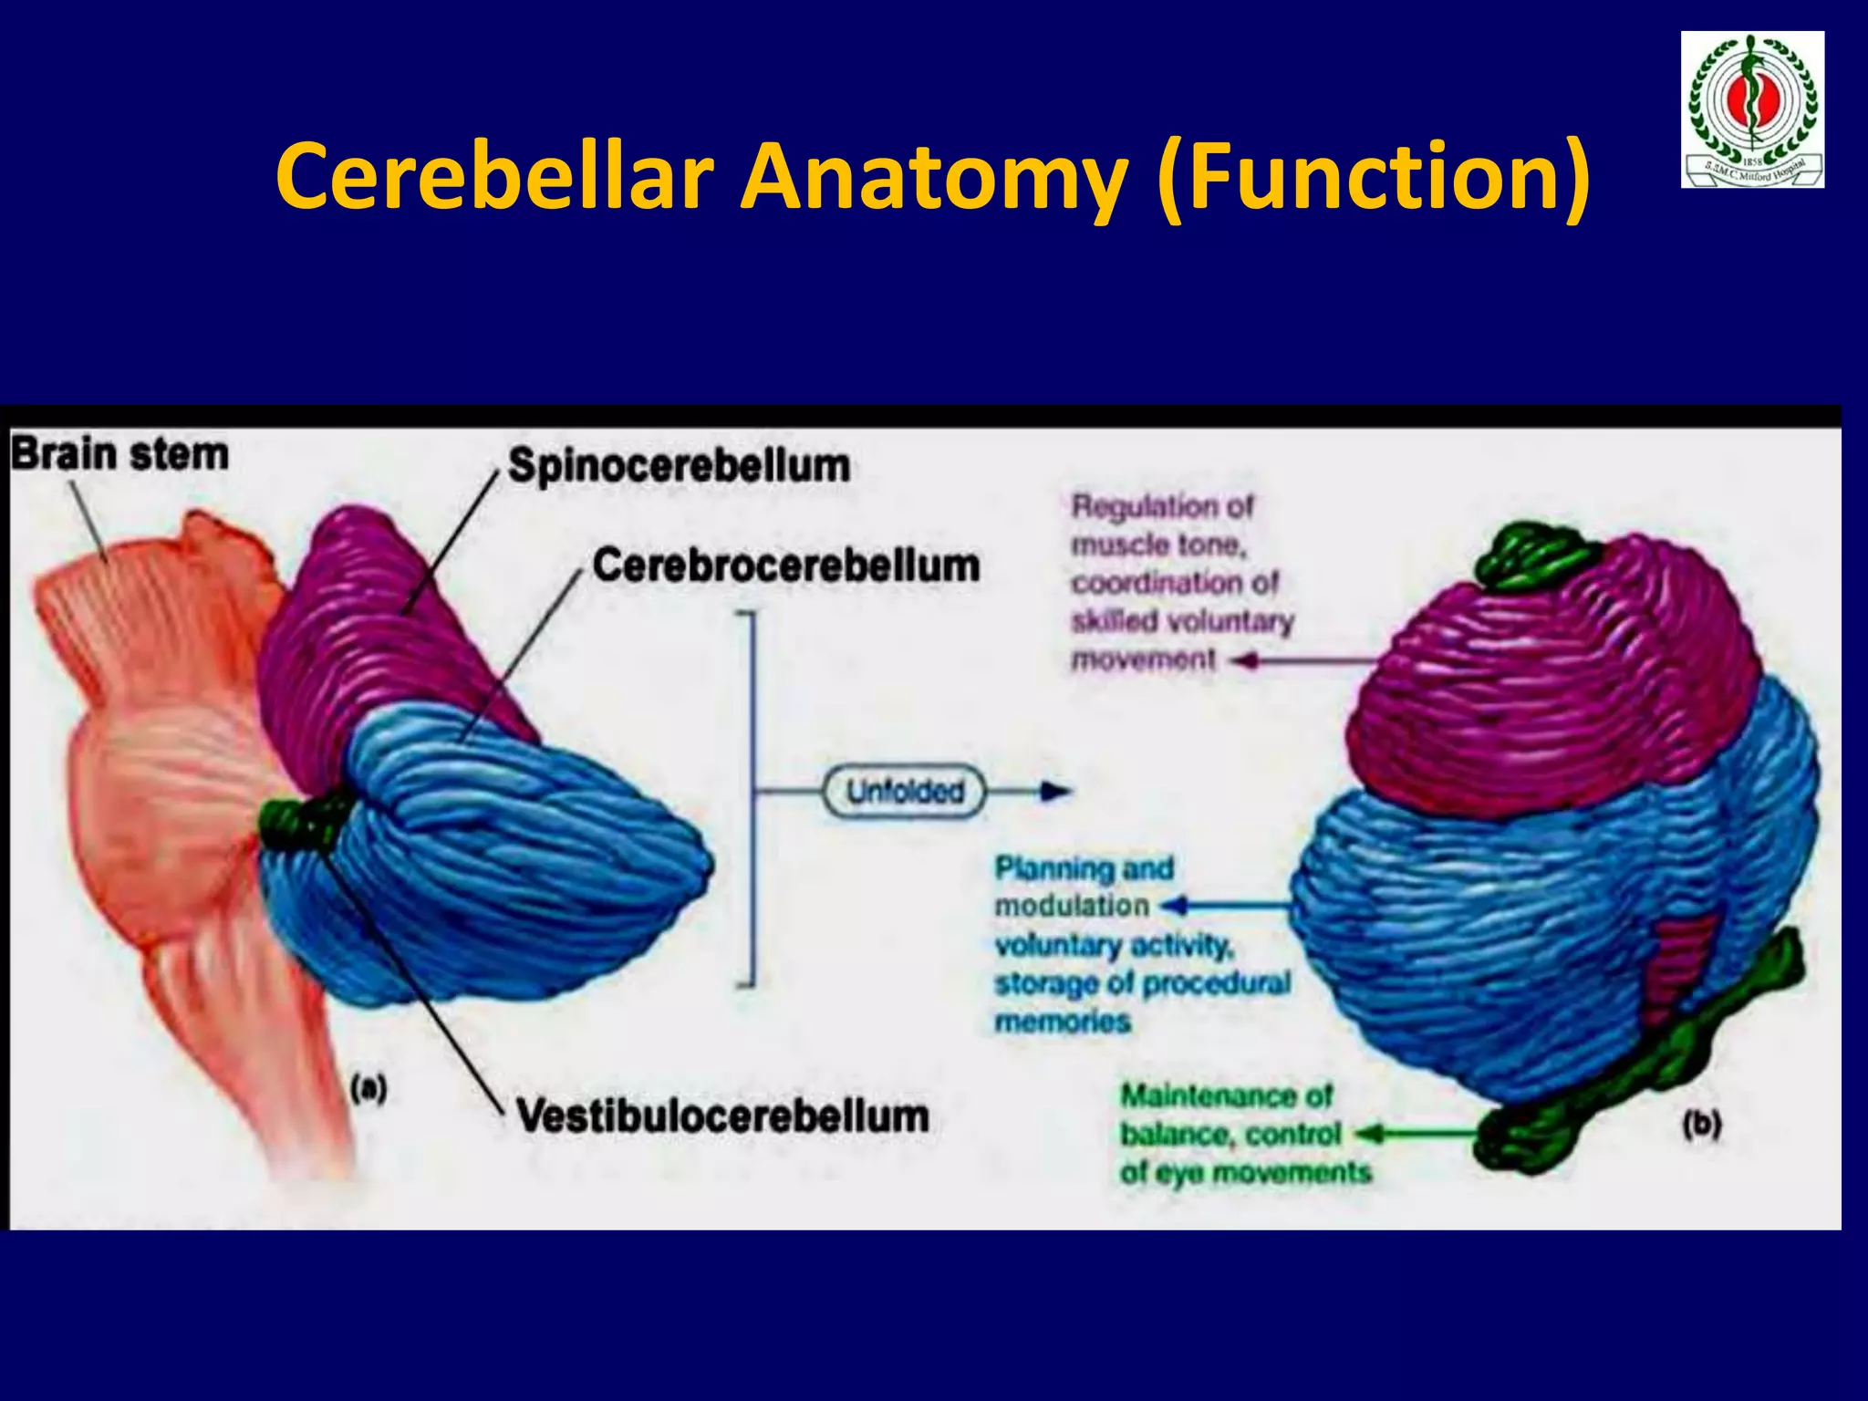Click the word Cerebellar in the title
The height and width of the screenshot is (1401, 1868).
[x=493, y=175]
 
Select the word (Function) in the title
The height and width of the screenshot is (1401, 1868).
[x=1373, y=175]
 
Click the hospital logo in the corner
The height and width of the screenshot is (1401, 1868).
[x=1752, y=109]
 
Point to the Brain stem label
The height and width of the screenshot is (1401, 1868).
[x=119, y=454]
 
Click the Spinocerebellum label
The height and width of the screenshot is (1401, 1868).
[x=679, y=465]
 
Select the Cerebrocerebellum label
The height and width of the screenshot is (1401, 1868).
[x=786, y=566]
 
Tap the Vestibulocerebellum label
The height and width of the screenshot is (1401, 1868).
[x=722, y=1116]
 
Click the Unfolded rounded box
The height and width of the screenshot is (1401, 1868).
[x=905, y=792]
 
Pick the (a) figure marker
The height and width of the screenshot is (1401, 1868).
[x=368, y=1088]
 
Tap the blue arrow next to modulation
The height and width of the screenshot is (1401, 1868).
[x=1177, y=906]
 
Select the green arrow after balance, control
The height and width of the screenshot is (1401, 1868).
[x=1373, y=1134]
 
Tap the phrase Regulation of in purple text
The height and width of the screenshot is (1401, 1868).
[x=1162, y=505]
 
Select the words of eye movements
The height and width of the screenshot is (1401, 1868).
[x=1245, y=1172]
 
